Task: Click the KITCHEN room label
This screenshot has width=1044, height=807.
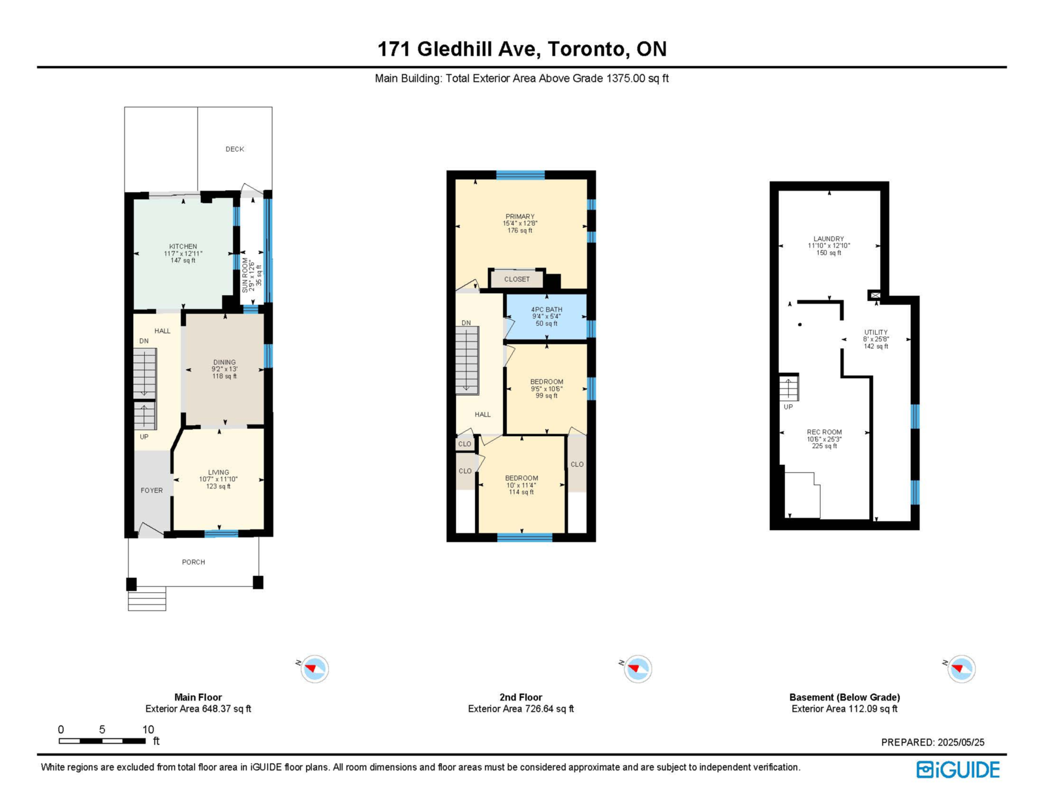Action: (183, 246)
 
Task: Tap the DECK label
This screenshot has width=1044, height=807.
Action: (235, 149)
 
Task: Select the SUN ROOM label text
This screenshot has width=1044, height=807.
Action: (245, 275)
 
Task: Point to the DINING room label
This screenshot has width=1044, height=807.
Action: (224, 362)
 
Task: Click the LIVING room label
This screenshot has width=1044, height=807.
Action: (219, 472)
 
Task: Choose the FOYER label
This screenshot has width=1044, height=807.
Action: (152, 490)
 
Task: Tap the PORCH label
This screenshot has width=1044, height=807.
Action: (194, 562)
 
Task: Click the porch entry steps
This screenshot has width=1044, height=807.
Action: (147, 599)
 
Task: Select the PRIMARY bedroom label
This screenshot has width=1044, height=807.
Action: (520, 216)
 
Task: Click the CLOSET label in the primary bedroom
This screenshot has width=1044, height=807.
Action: (517, 279)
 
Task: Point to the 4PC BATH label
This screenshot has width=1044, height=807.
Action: (547, 309)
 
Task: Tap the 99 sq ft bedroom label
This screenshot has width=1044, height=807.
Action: (547, 382)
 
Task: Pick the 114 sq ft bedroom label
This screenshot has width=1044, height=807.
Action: (522, 478)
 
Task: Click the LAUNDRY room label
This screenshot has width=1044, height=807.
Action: (829, 238)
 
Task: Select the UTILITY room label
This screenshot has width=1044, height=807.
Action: (876, 332)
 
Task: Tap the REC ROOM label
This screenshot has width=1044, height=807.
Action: (825, 432)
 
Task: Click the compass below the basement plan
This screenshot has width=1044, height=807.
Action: (961, 669)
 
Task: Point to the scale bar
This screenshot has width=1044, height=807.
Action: (102, 740)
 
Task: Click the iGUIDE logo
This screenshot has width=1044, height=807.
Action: (958, 770)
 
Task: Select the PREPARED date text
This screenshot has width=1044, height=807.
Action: (932, 742)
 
